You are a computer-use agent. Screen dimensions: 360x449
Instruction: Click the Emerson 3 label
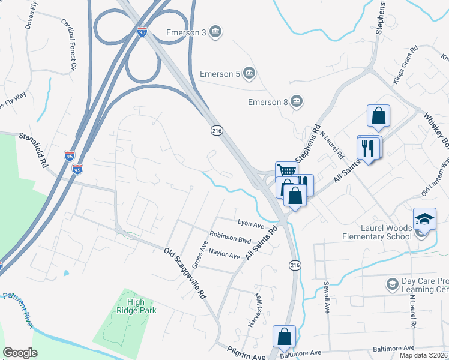[186, 32]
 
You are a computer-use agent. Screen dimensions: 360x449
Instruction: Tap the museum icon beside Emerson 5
[250, 74]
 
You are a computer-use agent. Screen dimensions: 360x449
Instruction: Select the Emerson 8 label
[268, 102]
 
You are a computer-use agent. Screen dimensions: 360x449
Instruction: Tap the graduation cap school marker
[424, 220]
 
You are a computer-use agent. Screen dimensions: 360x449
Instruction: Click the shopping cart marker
[286, 172]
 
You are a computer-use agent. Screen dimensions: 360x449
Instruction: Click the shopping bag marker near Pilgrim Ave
[285, 337]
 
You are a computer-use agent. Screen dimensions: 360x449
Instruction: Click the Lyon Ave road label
[251, 224]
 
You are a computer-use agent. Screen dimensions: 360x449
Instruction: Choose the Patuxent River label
[19, 305]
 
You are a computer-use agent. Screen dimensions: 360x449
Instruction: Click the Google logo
[20, 352]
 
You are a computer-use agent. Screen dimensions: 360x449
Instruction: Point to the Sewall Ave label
[327, 297]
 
